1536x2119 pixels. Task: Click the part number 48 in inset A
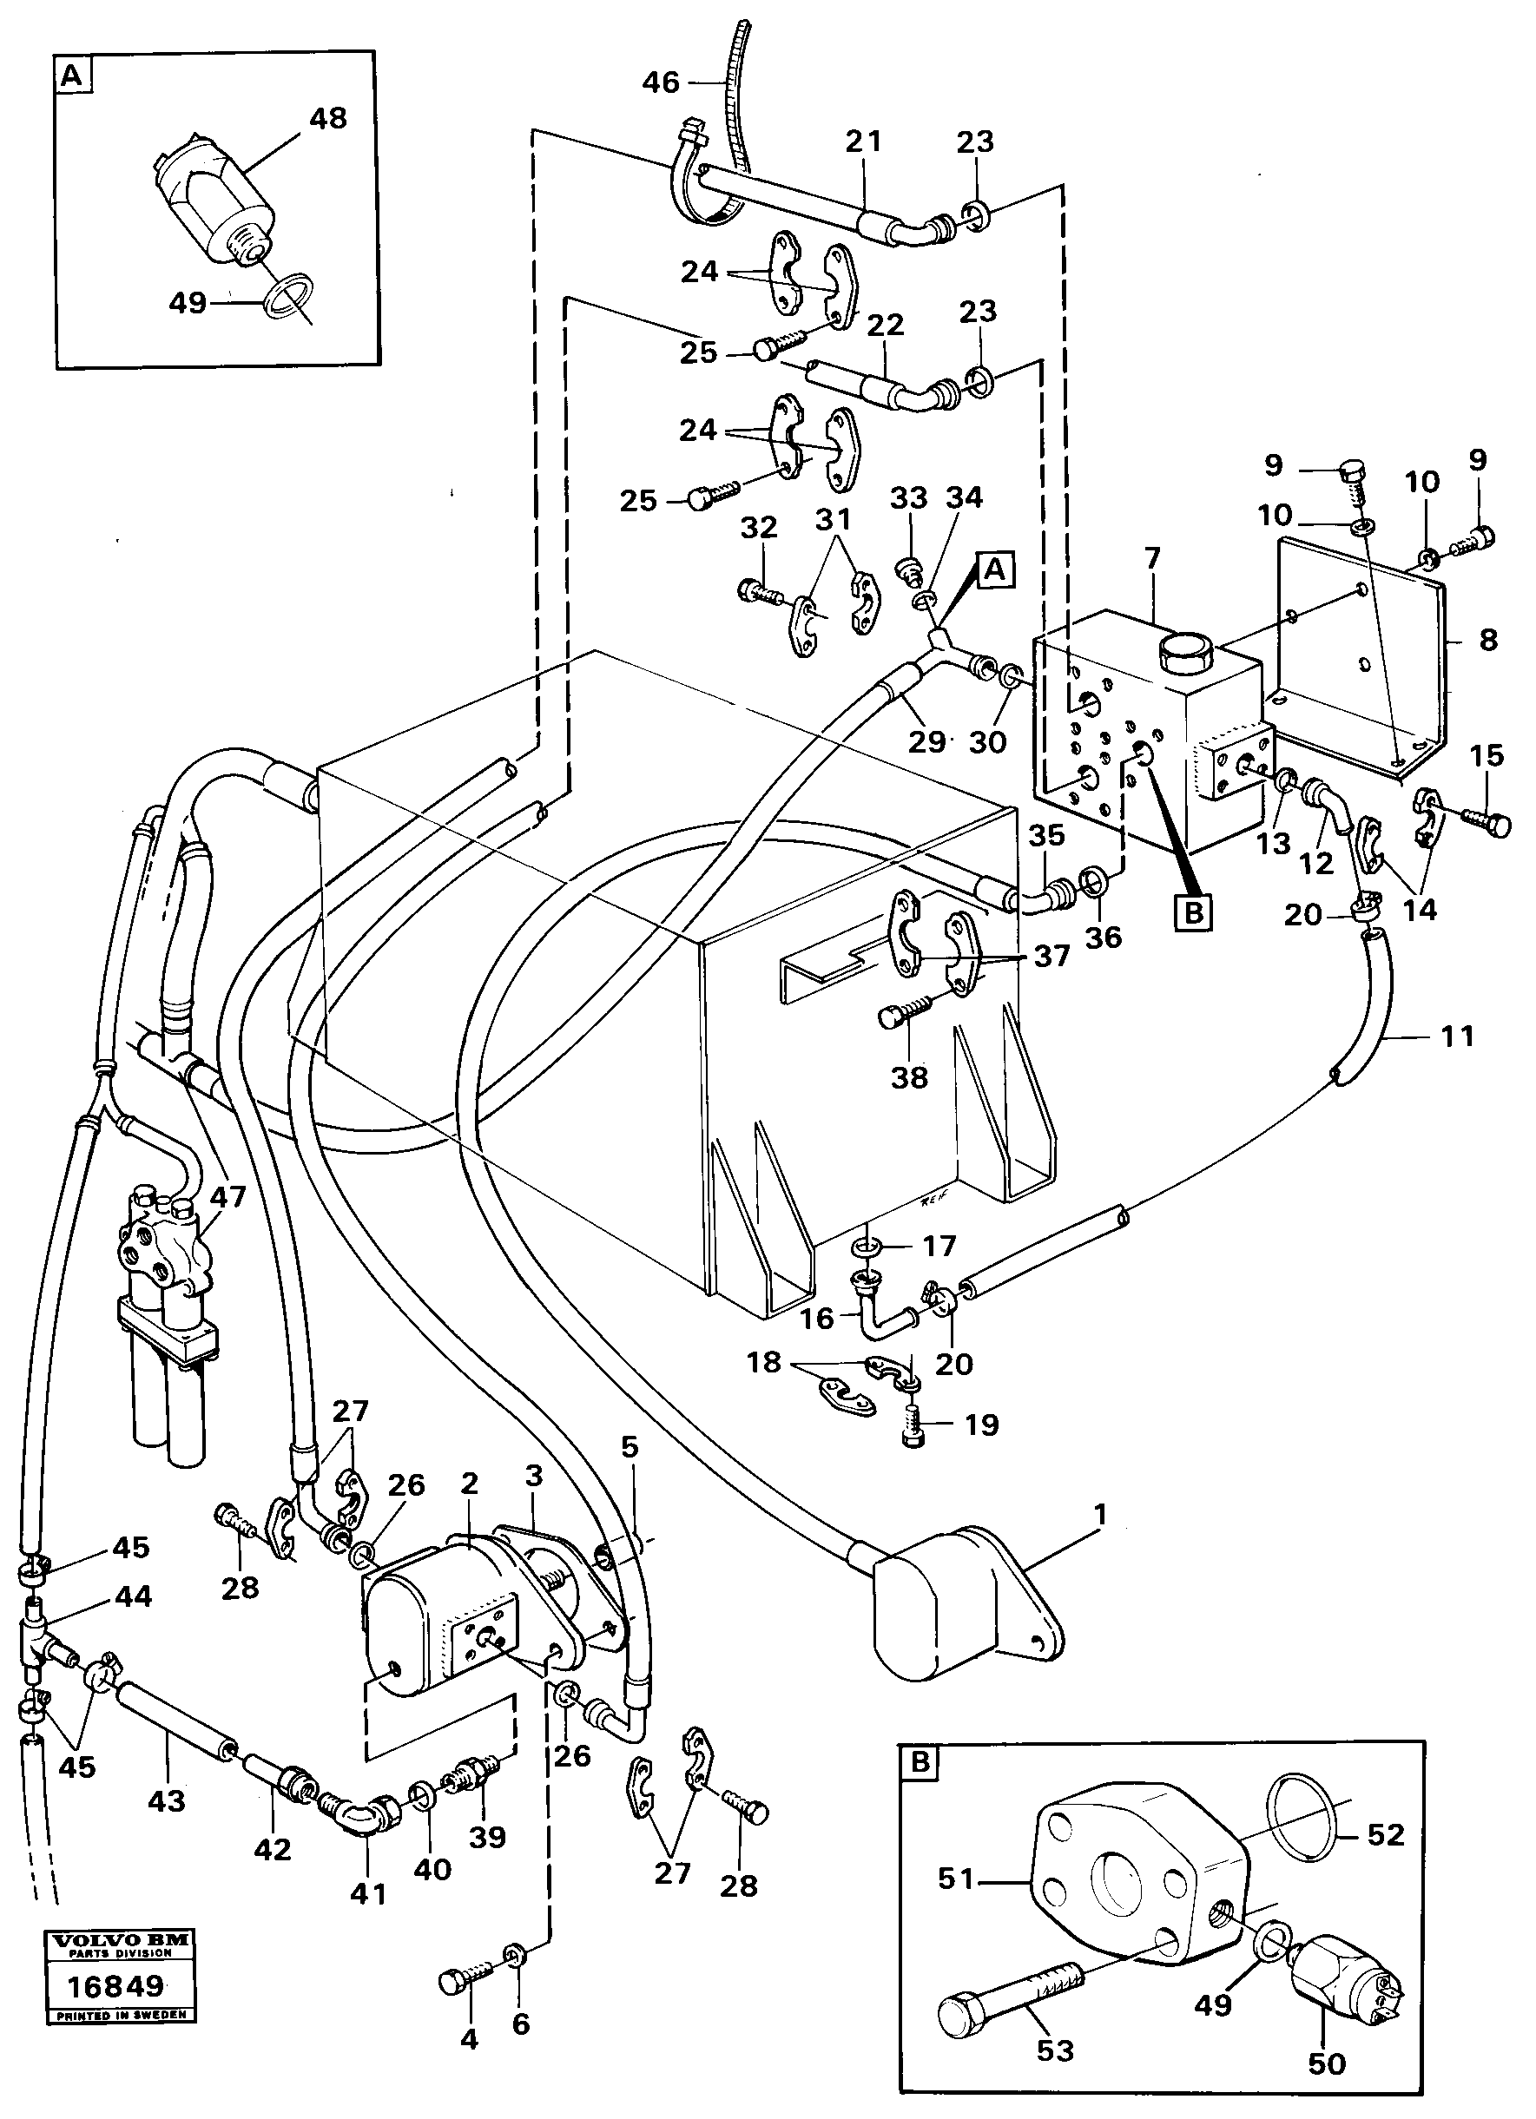click(x=327, y=119)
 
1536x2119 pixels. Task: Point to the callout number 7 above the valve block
click(x=1151, y=559)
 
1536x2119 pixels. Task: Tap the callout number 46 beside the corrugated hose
click(x=661, y=82)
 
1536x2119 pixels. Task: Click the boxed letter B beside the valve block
click(x=1193, y=913)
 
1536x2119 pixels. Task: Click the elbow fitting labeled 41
click(x=360, y=1820)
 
